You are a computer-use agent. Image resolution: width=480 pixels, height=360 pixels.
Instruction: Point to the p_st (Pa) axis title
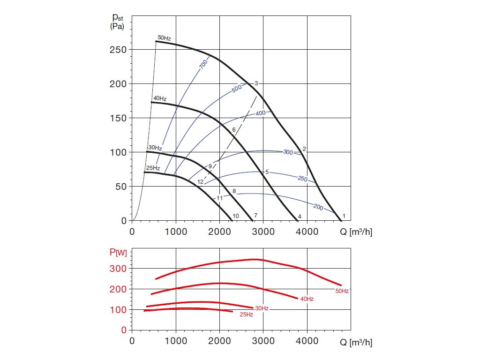coord(117,22)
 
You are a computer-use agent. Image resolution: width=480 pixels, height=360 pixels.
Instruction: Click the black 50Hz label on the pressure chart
coord(164,37)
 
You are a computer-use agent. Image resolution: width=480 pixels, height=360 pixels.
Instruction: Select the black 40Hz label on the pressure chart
coord(160,98)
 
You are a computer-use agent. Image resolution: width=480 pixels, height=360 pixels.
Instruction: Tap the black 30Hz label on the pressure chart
coord(155,148)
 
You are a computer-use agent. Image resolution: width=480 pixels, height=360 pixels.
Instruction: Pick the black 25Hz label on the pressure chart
coord(153,168)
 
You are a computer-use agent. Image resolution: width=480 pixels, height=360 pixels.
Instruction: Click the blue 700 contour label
coord(203,66)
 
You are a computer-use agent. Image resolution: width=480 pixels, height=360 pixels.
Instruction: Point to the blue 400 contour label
coord(261,113)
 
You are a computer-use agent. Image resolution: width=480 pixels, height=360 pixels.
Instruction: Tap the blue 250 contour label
coord(302,179)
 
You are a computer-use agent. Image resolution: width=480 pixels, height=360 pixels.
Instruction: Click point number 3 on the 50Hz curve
coord(256,83)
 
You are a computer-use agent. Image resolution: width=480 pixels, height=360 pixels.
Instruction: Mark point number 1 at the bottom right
coord(344,216)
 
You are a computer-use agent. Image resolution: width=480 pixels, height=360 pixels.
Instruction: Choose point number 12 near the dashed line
coord(200,182)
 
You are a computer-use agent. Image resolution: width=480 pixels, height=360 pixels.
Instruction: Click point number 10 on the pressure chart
coord(236,216)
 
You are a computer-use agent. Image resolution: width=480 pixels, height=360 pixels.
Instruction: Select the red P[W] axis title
coord(118,254)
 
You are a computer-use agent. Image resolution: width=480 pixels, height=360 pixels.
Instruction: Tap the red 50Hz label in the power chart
coord(342,291)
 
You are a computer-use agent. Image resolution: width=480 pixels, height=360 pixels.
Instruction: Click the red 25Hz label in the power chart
coord(246,315)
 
